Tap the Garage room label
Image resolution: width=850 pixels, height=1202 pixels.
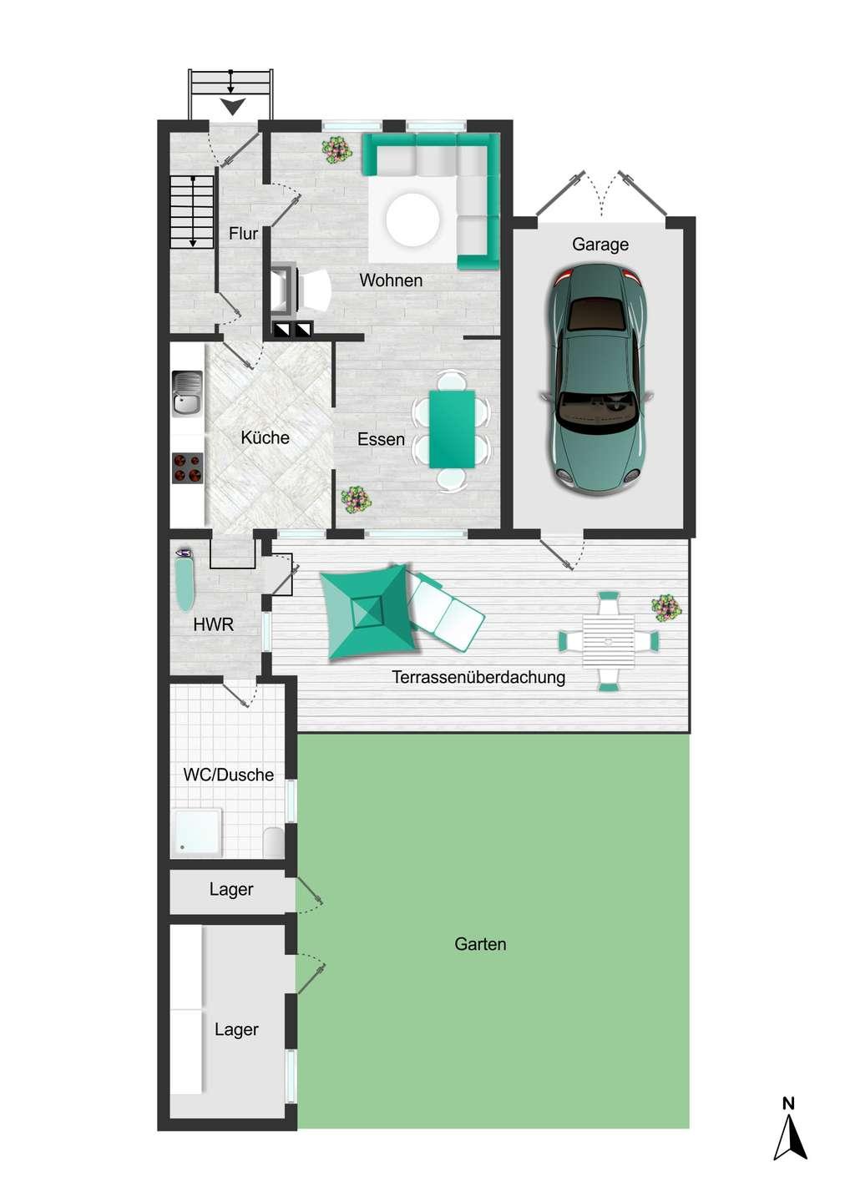pyautogui.click(x=600, y=245)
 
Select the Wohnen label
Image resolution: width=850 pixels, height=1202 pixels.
pyautogui.click(x=391, y=280)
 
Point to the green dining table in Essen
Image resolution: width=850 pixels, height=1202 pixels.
pyautogui.click(x=452, y=429)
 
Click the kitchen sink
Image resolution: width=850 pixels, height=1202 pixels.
pyautogui.click(x=187, y=393)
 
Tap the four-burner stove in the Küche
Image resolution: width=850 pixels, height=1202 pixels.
pyautogui.click(x=187, y=468)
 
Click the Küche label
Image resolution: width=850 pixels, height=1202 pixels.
pyautogui.click(x=265, y=437)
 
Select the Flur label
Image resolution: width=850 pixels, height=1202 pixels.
pyautogui.click(x=243, y=234)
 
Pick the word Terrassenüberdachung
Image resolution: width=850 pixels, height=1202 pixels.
pyautogui.click(x=478, y=677)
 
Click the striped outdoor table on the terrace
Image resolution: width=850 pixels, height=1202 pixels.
pyautogui.click(x=609, y=641)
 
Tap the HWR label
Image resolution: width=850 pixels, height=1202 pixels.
pyautogui.click(x=213, y=624)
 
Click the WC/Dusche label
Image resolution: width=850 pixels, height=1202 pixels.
pyautogui.click(x=229, y=775)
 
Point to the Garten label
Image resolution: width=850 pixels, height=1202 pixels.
pyautogui.click(x=480, y=944)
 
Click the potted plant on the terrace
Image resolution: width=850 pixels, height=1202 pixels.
pyautogui.click(x=666, y=608)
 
